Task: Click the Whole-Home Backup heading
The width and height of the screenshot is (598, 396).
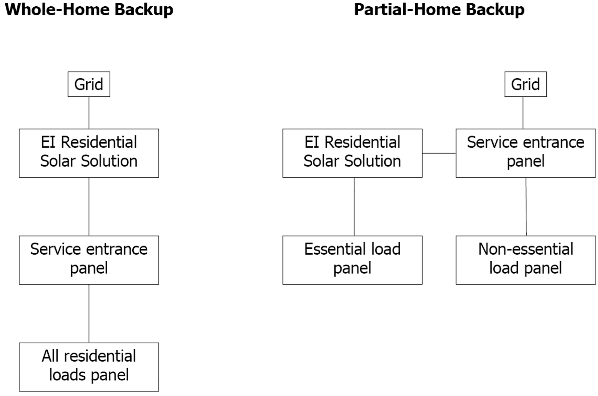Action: [89, 9]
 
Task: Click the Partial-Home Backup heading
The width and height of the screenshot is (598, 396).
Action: [439, 9]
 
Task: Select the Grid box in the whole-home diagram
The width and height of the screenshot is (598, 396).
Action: [89, 84]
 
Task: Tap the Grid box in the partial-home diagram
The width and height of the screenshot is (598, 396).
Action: [526, 84]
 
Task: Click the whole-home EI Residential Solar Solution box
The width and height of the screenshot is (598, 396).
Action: [89, 153]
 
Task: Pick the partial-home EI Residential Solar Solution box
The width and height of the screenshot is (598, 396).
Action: [352, 153]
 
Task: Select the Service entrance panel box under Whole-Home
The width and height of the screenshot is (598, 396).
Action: [89, 260]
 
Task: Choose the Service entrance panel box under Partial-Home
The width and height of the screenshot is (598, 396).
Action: [526, 153]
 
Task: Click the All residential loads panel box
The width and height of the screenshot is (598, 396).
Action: [89, 367]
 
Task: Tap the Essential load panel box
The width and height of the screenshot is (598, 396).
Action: [352, 260]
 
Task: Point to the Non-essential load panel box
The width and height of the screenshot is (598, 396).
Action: [526, 260]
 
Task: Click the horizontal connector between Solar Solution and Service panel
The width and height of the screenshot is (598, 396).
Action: [439, 153]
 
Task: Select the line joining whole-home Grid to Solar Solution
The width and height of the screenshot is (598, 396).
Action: [89, 113]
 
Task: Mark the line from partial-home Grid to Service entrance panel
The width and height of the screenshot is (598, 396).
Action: [523, 113]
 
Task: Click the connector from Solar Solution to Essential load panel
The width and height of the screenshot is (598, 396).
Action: [354, 207]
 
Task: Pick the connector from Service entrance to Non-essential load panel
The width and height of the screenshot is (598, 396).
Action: [526, 207]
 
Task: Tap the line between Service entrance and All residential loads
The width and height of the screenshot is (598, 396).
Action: [89, 313]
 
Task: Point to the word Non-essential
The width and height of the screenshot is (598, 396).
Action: [526, 250]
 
